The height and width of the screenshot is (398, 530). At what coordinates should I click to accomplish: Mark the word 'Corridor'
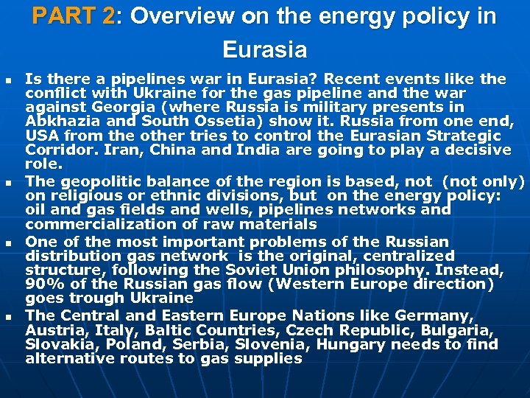coord(56,150)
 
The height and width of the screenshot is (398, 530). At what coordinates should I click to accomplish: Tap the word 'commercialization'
coord(92,224)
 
